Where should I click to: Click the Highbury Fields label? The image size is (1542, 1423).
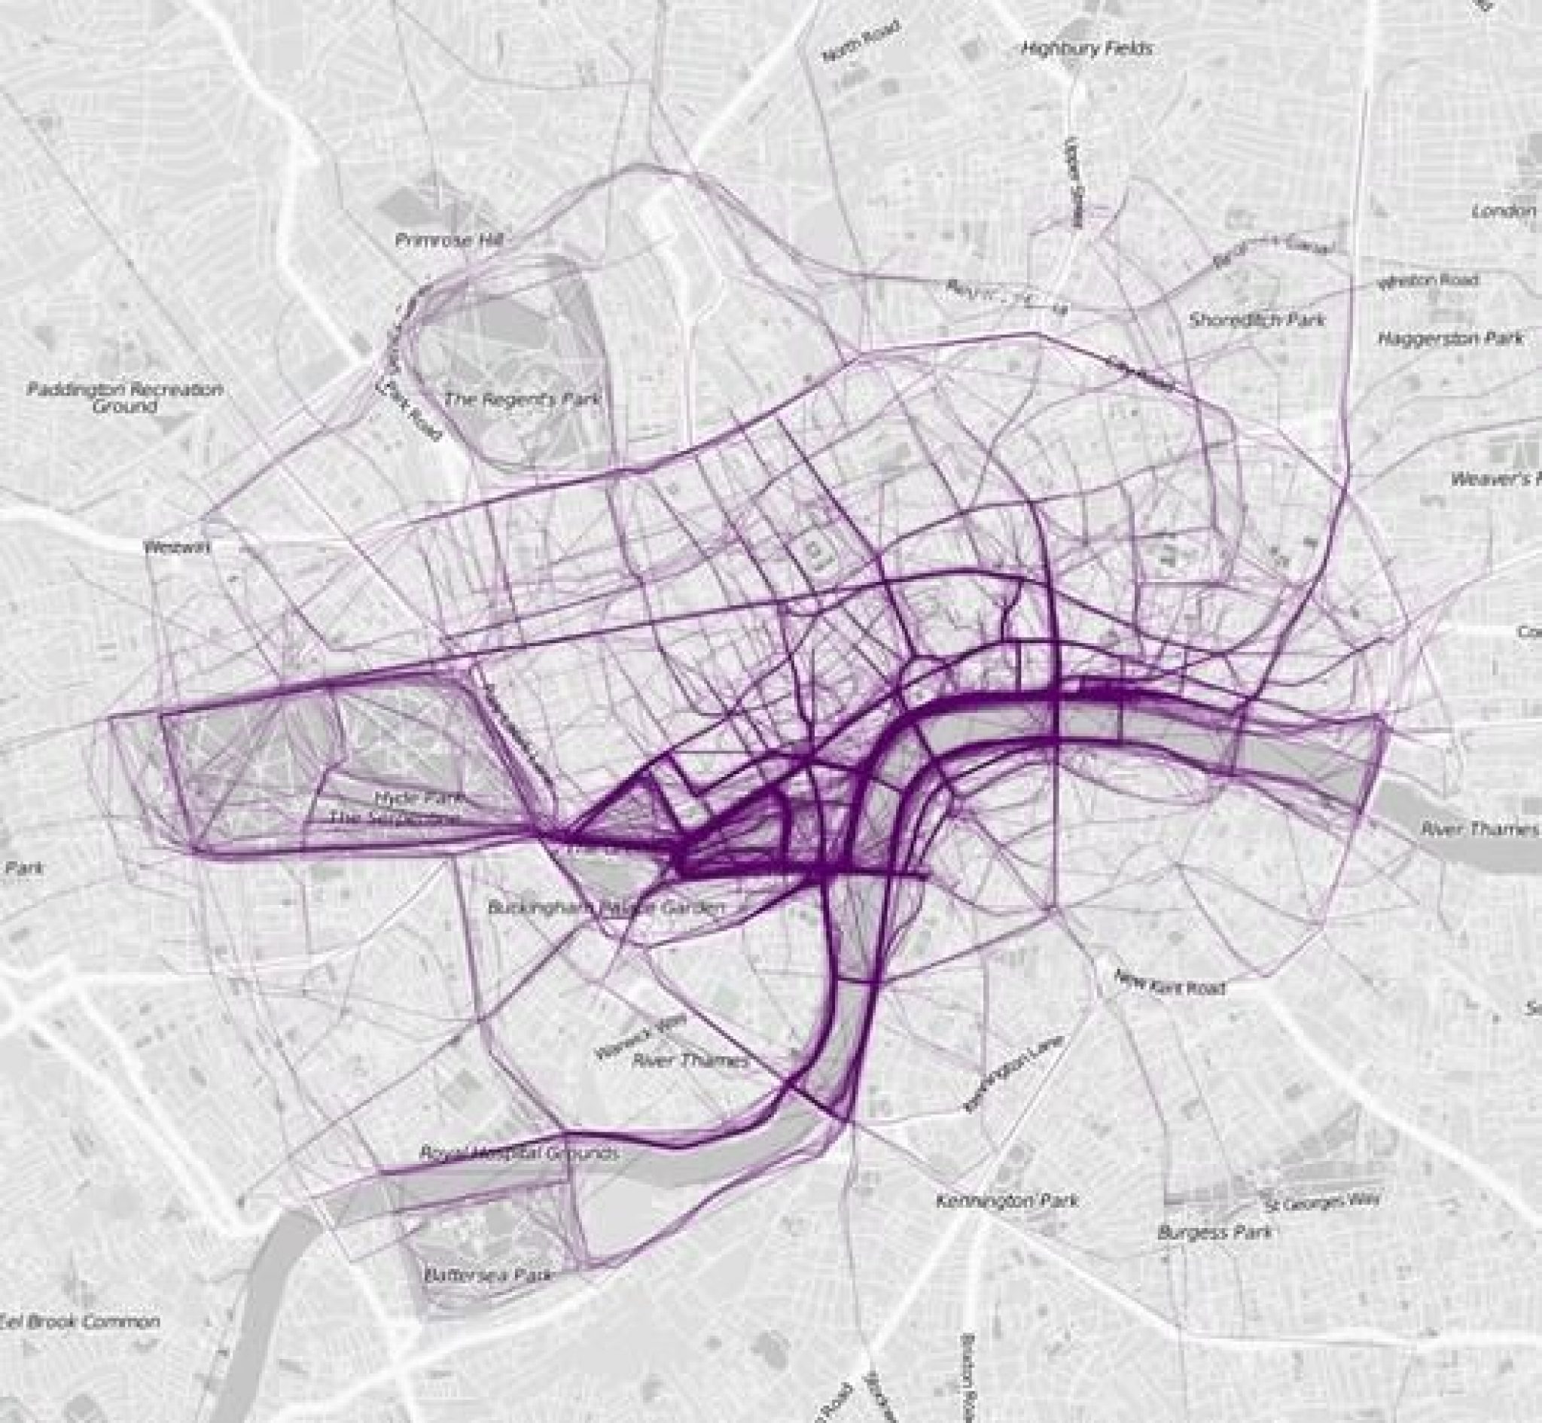[x=1087, y=49]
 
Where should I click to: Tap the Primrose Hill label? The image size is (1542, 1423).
[x=448, y=240]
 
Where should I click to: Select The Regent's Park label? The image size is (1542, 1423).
[x=521, y=400]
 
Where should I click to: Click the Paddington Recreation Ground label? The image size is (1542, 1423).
[x=125, y=398]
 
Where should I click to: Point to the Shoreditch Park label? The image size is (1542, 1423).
[x=1257, y=318]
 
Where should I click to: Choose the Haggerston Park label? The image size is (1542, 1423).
[x=1450, y=338]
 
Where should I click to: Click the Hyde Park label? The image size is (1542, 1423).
[x=418, y=798]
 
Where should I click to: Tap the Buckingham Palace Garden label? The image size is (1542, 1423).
[x=606, y=907]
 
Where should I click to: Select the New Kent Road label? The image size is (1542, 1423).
[x=1169, y=983]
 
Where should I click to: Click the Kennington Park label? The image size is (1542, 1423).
[x=1007, y=1200]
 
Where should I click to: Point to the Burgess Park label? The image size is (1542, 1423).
[x=1214, y=1233]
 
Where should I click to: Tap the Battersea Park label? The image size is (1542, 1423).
[x=488, y=1275]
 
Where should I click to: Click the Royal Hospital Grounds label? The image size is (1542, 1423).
[x=518, y=1153]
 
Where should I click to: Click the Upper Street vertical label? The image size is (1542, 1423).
[x=1075, y=182]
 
